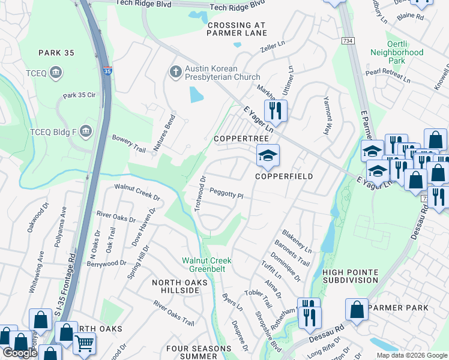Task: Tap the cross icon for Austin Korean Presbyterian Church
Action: point(175,72)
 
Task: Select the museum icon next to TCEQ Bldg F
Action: point(85,131)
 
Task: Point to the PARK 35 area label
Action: point(56,53)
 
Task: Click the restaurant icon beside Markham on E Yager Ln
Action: point(276,110)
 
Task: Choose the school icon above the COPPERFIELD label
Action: point(268,156)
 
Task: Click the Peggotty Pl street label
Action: point(226,193)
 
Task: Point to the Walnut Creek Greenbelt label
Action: point(207,265)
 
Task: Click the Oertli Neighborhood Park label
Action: point(397,56)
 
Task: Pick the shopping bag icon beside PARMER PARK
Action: point(357,310)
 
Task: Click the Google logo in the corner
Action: point(20,353)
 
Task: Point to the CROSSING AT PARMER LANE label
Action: point(236,29)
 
